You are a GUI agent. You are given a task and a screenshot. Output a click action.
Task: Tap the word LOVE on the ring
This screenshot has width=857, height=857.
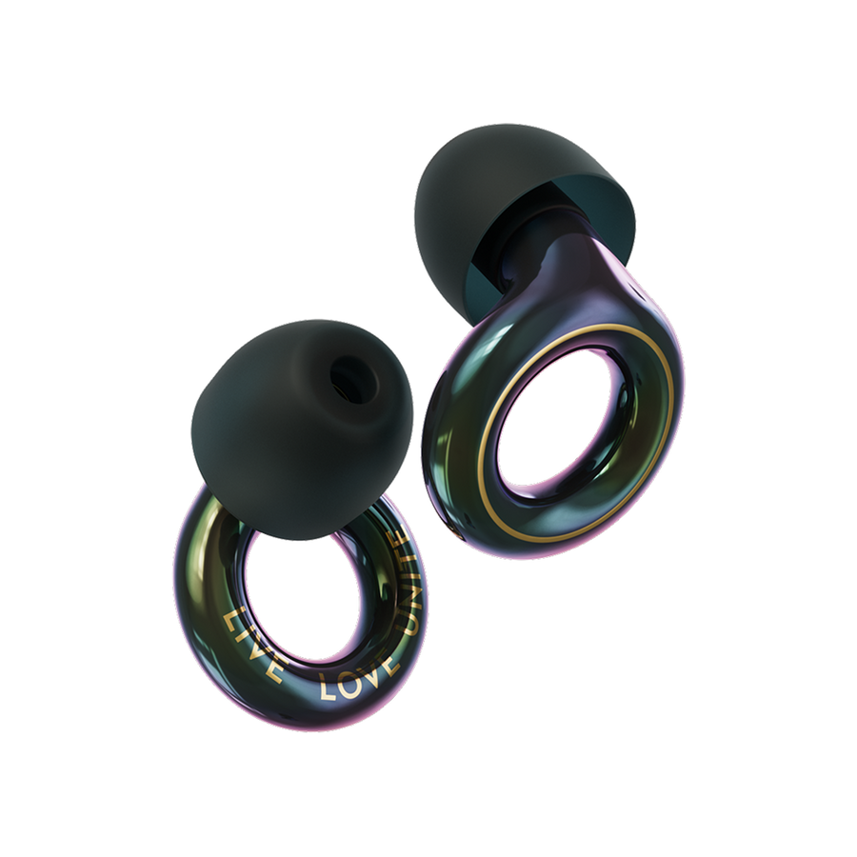coord(357,677)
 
